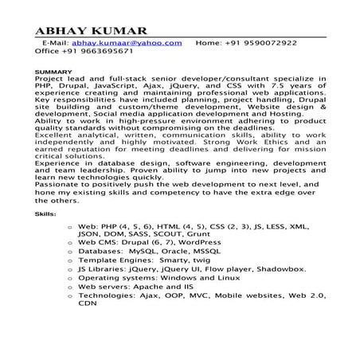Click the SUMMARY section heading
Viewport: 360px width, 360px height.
(54, 73)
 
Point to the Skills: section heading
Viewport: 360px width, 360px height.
(45, 215)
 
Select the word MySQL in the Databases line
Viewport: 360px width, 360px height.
(158, 251)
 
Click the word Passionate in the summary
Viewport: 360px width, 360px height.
(61, 186)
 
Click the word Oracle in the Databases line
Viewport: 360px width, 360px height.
(198, 251)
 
